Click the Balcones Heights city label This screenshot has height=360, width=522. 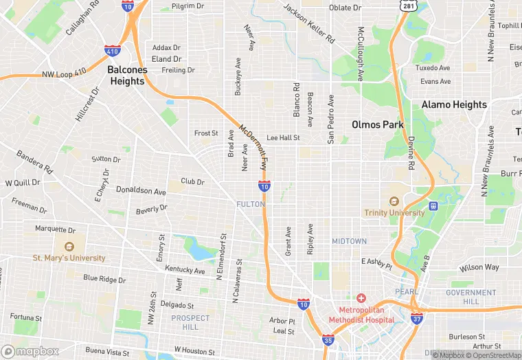point(126,75)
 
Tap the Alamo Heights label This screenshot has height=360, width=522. point(454,104)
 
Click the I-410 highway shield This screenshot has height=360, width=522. point(113,50)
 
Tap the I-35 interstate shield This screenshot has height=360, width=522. point(328,339)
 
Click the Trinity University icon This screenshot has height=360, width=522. point(394,202)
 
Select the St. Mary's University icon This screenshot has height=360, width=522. point(69,247)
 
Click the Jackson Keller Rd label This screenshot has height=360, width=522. point(309,23)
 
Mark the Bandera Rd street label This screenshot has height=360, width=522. point(34,162)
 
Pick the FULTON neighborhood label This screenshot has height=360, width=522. point(250,204)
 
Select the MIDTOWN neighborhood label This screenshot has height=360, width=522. point(349,241)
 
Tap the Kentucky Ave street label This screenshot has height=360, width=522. point(185,271)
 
